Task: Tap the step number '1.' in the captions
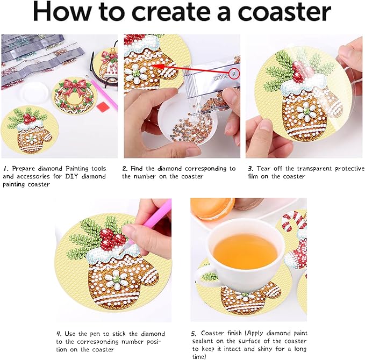pyautogui.click(x=4, y=168)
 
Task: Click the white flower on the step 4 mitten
pyautogui.click(x=114, y=279)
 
